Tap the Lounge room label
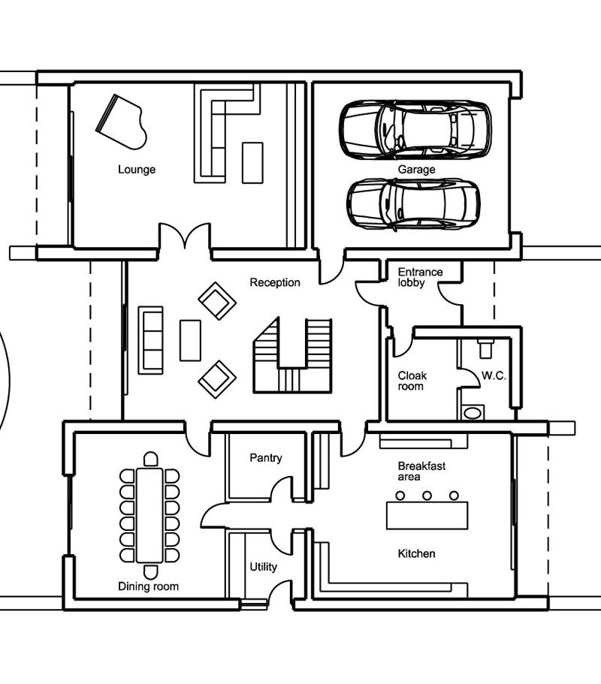(x=137, y=170)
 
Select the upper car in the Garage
(x=415, y=129)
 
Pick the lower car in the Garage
(x=413, y=203)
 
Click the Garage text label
(x=416, y=170)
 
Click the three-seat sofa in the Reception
(x=151, y=339)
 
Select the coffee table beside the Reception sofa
(x=190, y=340)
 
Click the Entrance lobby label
(x=420, y=277)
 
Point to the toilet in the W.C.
(x=485, y=348)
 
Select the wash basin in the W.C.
(x=473, y=412)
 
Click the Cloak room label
(x=412, y=381)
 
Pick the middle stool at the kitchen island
(x=427, y=495)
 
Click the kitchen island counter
(x=427, y=516)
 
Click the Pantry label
(x=265, y=458)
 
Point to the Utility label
(x=263, y=567)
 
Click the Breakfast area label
(x=421, y=472)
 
